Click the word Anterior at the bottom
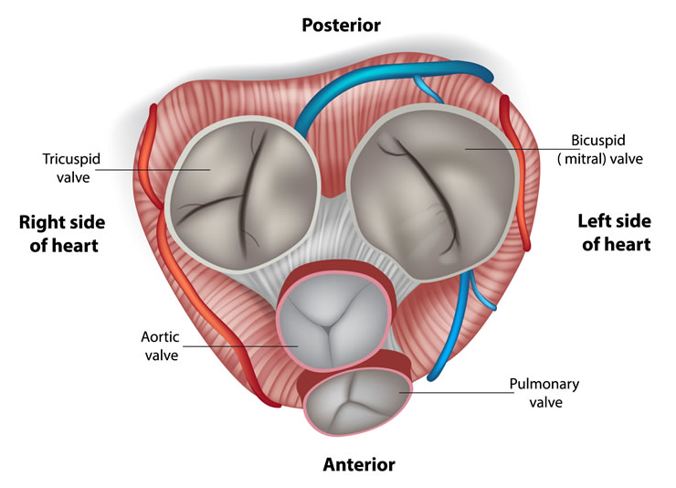[x=359, y=464]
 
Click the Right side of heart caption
[x=61, y=233]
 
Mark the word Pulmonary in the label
[x=544, y=384]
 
